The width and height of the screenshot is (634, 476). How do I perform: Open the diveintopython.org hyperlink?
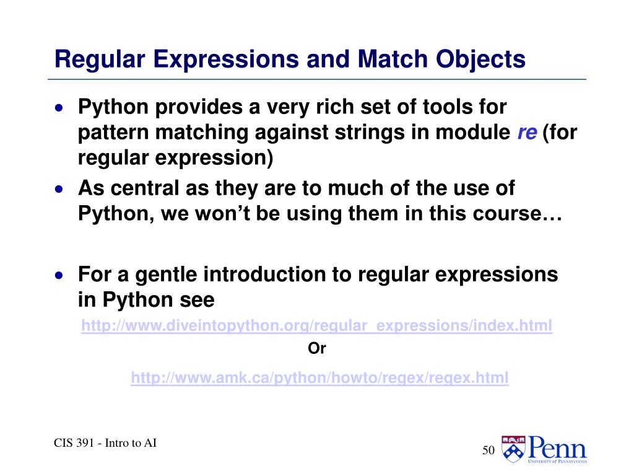click(x=316, y=326)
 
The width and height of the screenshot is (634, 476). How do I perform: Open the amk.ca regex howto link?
click(x=319, y=377)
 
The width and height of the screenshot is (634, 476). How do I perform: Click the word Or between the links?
click(x=316, y=349)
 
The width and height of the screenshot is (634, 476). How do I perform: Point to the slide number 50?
click(x=488, y=451)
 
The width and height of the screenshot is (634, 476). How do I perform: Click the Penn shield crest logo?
click(x=512, y=448)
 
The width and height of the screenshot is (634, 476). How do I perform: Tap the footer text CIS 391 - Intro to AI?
click(x=104, y=443)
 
